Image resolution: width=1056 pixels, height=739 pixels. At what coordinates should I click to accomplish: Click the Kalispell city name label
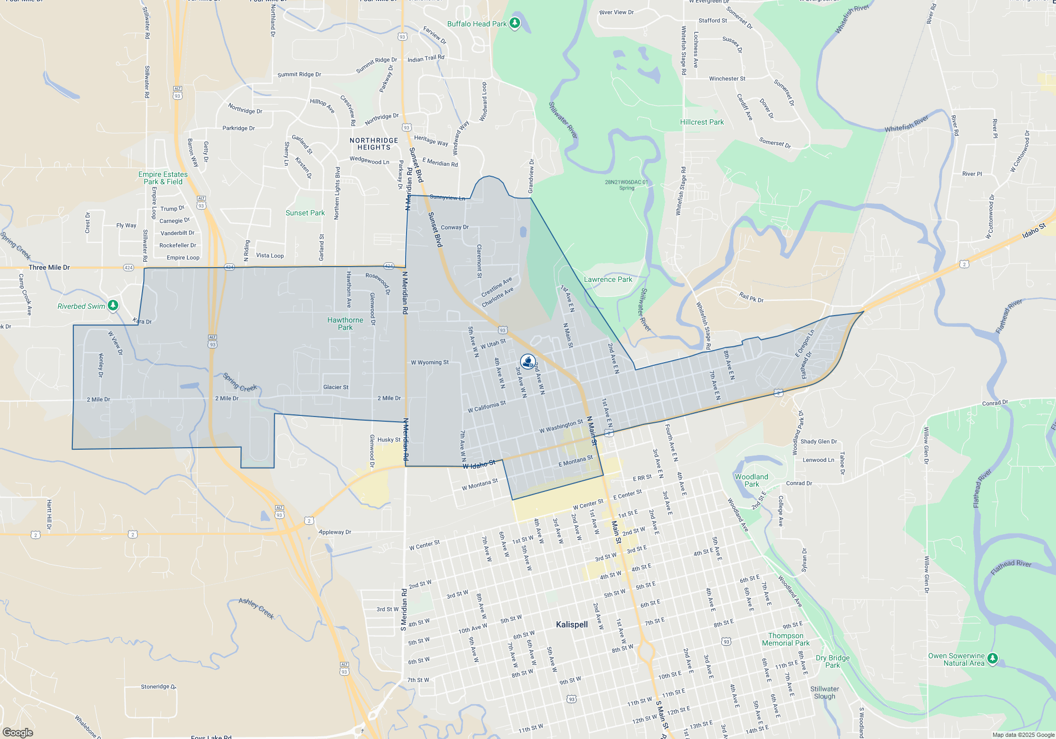pyautogui.click(x=571, y=624)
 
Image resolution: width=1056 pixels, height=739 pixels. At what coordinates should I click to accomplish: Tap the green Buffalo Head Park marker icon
pyautogui.click(x=515, y=23)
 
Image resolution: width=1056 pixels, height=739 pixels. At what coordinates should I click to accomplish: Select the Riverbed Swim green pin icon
pyautogui.click(x=112, y=306)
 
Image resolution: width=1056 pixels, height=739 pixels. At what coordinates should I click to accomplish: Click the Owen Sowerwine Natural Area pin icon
pyautogui.click(x=992, y=658)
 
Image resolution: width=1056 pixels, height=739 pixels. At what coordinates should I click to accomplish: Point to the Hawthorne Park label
pyautogui.click(x=345, y=324)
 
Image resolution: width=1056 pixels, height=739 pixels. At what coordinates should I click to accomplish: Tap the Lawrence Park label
pyautogui.click(x=608, y=279)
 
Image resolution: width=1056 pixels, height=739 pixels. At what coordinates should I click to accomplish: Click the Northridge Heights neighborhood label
pyautogui.click(x=374, y=144)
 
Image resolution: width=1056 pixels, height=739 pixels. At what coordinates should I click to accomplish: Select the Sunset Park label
pyautogui.click(x=305, y=213)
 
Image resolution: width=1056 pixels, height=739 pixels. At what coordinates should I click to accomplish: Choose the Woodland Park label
pyautogui.click(x=751, y=480)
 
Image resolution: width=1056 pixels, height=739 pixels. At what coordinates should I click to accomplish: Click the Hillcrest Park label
pyautogui.click(x=702, y=122)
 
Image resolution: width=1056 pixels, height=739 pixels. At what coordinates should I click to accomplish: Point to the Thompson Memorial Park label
pyautogui.click(x=786, y=639)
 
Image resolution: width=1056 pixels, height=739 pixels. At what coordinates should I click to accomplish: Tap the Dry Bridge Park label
pyautogui.click(x=833, y=661)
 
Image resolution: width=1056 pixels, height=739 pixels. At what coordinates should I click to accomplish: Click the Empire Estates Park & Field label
pyautogui.click(x=163, y=178)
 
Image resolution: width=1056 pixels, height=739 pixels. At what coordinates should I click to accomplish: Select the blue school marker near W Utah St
pyautogui.click(x=527, y=362)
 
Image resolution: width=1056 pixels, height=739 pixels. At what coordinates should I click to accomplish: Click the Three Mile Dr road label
pyautogui.click(x=49, y=268)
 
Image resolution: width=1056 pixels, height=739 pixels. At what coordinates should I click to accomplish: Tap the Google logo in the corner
pyautogui.click(x=17, y=732)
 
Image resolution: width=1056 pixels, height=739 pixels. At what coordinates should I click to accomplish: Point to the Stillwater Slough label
pyautogui.click(x=825, y=693)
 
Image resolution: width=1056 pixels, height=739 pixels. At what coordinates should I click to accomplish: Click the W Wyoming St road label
pyautogui.click(x=430, y=363)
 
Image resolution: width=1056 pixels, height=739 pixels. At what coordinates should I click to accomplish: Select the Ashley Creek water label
pyautogui.click(x=257, y=608)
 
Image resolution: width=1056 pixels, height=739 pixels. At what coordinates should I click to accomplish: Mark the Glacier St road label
pyautogui.click(x=336, y=387)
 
